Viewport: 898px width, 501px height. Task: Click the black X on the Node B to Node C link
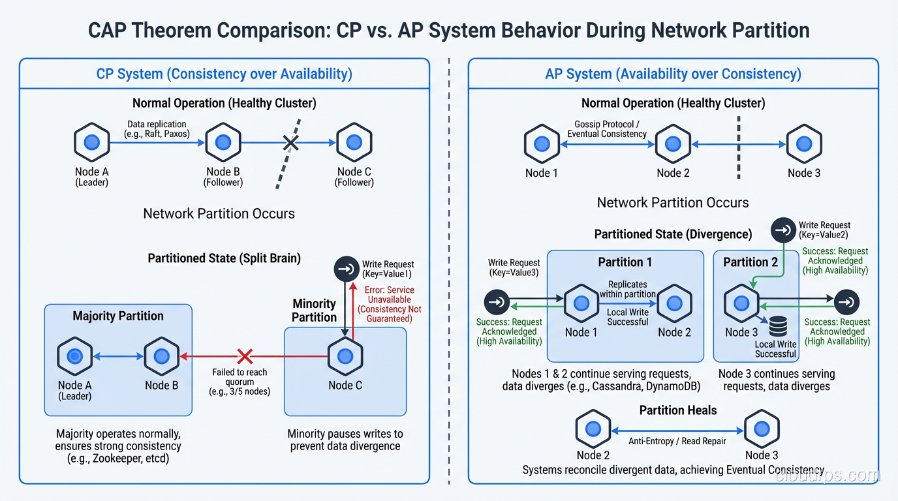(x=291, y=143)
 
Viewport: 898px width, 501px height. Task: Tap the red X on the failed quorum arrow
(x=245, y=356)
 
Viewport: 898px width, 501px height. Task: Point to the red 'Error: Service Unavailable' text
(x=389, y=304)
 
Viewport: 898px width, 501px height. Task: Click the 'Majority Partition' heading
(x=118, y=316)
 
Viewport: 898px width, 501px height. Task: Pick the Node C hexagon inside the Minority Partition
(x=345, y=356)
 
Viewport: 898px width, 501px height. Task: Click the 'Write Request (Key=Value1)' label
(x=388, y=269)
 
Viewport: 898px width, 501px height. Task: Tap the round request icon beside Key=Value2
(x=783, y=230)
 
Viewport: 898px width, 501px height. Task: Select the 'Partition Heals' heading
(x=677, y=410)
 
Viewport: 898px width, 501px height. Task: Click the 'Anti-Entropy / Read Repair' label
(x=677, y=441)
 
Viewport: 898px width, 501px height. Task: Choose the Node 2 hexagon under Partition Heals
(x=593, y=429)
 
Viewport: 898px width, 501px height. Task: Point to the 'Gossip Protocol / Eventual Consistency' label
(x=607, y=129)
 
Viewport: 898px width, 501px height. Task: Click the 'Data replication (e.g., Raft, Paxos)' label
(x=157, y=129)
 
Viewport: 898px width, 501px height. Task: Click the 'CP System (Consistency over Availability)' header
(x=224, y=74)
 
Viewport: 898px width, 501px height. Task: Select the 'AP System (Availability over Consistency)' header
(x=673, y=74)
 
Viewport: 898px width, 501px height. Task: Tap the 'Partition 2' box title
(x=751, y=262)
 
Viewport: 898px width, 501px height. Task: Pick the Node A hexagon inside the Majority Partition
(x=75, y=356)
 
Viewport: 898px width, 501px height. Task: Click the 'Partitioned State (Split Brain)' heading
(x=224, y=258)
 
